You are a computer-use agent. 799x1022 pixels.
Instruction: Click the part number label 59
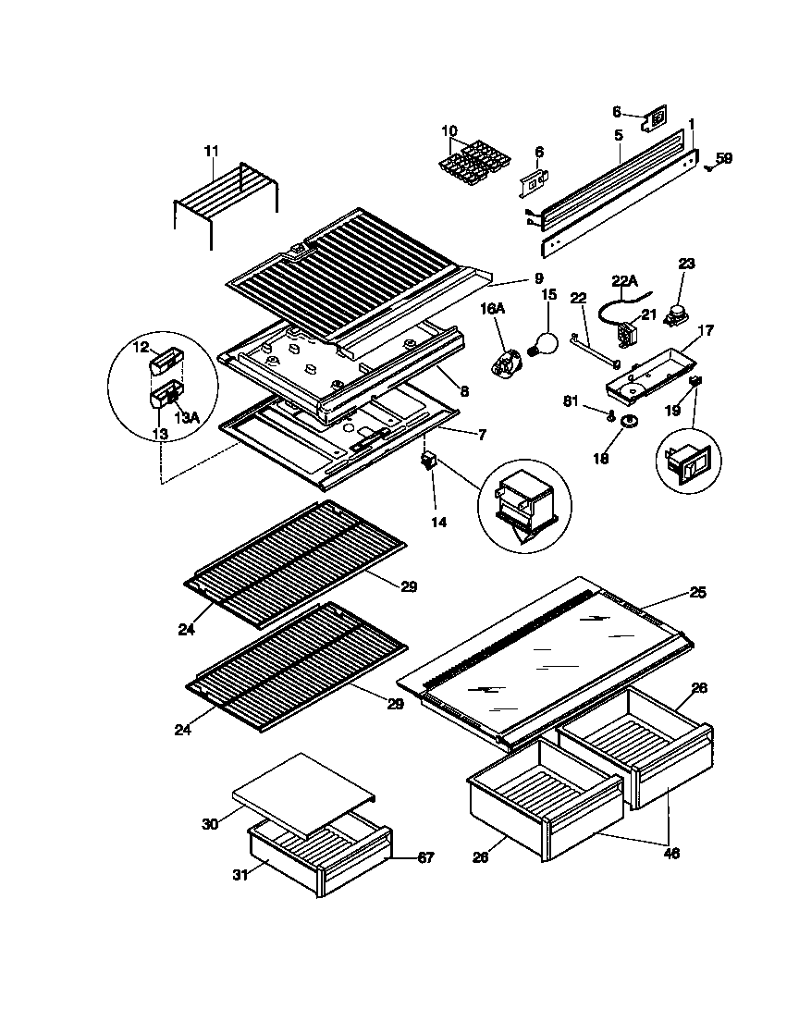coord(723,158)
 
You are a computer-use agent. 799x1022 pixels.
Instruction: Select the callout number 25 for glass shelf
coord(697,593)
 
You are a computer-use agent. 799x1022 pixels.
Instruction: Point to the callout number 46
coord(671,854)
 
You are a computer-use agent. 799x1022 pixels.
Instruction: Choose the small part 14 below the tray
coord(428,460)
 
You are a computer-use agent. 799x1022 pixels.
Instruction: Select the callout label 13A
coord(187,418)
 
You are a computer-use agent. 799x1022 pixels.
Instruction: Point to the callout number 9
coord(536,279)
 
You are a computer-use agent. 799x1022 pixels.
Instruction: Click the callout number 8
coord(463,392)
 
